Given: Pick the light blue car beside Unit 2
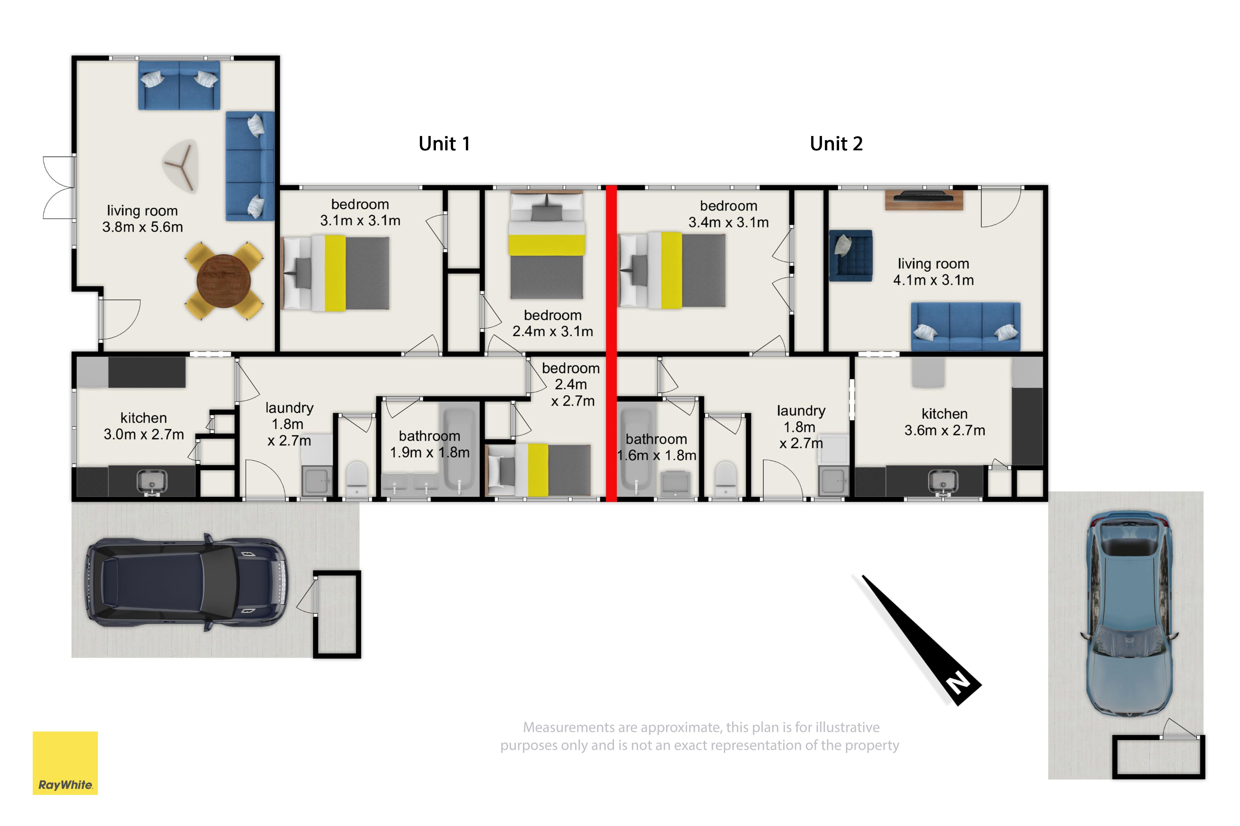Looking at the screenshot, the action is click(x=1129, y=614).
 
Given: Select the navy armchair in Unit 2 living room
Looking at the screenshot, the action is click(x=850, y=256).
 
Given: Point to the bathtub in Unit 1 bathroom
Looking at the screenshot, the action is click(x=460, y=449).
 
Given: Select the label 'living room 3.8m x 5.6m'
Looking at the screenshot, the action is click(x=142, y=219).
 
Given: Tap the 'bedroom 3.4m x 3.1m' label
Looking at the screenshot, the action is click(x=729, y=214).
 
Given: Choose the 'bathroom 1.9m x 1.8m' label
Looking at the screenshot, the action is click(x=430, y=444).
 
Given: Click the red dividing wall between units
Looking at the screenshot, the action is click(x=611, y=343).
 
